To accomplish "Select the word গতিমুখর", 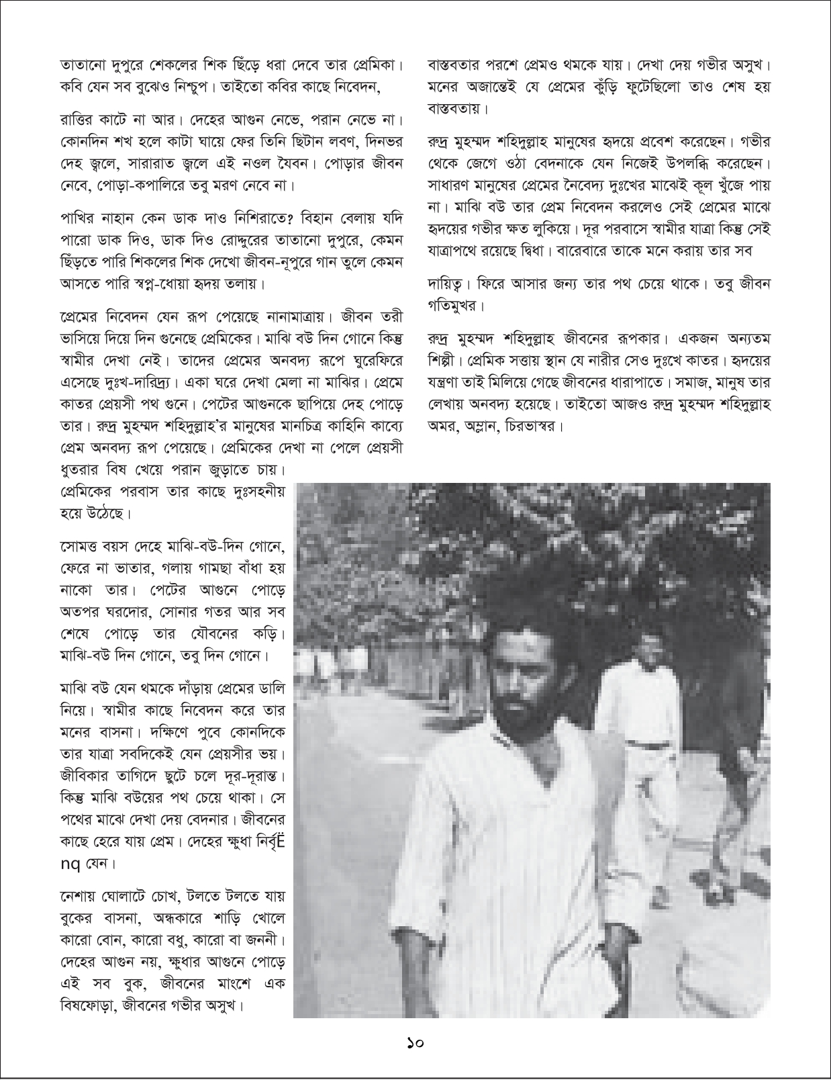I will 454,306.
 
